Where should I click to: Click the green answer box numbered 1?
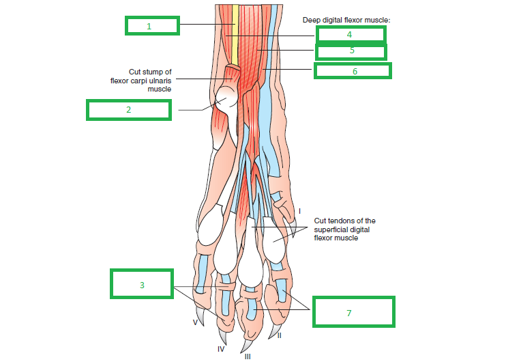coord(152,26)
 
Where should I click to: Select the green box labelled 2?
coord(128,109)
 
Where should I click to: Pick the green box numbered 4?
coord(350,34)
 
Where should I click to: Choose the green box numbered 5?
coord(351,51)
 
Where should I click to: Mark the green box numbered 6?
coord(353,70)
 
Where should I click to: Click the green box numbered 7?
coord(353,311)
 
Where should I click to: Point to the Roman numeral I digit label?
coord(299,212)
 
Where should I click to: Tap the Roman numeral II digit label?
coord(280,336)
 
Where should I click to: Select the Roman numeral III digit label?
coord(248,356)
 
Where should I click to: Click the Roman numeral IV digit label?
coord(221,349)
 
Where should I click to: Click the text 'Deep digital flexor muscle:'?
coord(346,20)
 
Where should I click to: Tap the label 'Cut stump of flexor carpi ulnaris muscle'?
coord(150,80)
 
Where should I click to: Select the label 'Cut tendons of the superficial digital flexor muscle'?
coord(344,229)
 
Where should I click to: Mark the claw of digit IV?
coord(223,335)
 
